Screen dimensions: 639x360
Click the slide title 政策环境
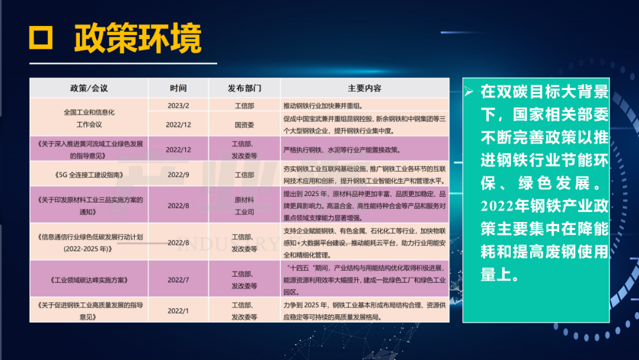click(x=138, y=38)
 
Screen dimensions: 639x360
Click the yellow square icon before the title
click(x=41, y=38)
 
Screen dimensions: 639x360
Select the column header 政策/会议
click(x=89, y=88)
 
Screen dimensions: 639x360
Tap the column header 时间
click(x=178, y=88)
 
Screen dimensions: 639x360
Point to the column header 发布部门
click(x=244, y=88)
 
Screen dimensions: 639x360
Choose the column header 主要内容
click(x=364, y=88)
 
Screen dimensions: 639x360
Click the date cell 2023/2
click(x=178, y=105)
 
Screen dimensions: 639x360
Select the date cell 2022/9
click(x=178, y=175)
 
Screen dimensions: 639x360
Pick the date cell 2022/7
click(x=178, y=279)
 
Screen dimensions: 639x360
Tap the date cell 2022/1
click(x=178, y=311)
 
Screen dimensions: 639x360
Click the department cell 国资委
click(x=244, y=125)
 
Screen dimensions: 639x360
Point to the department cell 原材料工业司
click(x=244, y=206)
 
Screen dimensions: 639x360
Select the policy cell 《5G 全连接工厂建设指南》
click(x=89, y=175)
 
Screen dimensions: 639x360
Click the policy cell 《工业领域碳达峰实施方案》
click(x=89, y=280)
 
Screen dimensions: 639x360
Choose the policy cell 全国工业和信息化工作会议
click(x=89, y=118)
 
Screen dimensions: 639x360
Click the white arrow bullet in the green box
click(x=469, y=91)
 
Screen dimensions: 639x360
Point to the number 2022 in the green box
click(x=497, y=206)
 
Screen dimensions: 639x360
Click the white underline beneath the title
click(x=123, y=63)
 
